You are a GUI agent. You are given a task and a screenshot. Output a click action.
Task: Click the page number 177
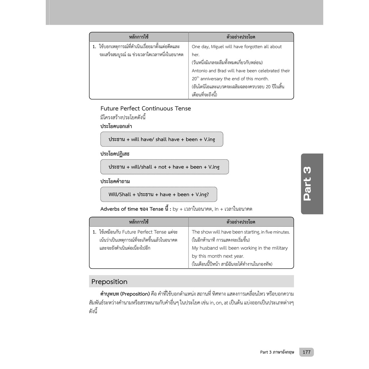pyautogui.click(x=307, y=352)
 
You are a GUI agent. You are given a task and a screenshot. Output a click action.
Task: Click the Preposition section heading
pyautogui.click(x=110, y=281)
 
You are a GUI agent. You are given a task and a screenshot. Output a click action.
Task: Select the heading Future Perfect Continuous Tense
pyautogui.click(x=146, y=108)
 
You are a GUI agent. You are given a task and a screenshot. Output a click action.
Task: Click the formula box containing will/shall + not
pyautogui.click(x=164, y=167)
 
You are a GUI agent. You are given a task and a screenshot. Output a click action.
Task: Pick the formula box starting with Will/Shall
pyautogui.click(x=159, y=194)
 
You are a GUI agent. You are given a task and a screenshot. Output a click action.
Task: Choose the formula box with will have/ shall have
pyautogui.click(x=162, y=139)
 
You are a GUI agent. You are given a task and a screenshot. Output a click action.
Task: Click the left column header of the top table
pyautogui.click(x=139, y=37)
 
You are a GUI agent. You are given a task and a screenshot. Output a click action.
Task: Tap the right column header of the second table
pyautogui.click(x=241, y=222)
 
